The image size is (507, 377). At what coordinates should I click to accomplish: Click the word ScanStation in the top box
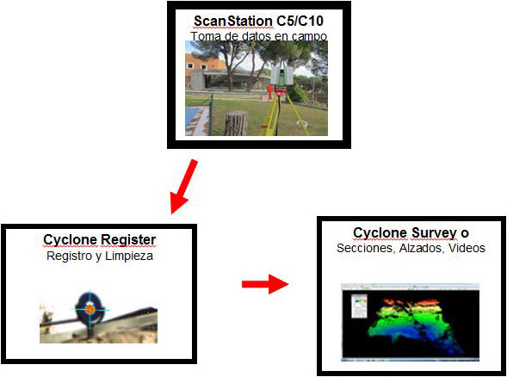232,22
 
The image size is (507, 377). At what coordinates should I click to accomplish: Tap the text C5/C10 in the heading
300,22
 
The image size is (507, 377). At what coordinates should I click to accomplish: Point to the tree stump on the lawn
236,123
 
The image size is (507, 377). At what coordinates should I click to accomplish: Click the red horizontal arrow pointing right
265,284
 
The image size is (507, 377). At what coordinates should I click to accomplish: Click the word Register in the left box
127,240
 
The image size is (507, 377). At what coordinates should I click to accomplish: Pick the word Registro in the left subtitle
69,256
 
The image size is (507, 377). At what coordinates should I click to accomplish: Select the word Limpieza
129,256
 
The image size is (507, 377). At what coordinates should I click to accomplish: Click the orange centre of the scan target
90,309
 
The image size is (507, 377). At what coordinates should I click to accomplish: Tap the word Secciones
366,248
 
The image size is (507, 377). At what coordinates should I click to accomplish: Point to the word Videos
467,248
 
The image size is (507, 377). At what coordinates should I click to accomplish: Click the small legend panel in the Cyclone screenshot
359,306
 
